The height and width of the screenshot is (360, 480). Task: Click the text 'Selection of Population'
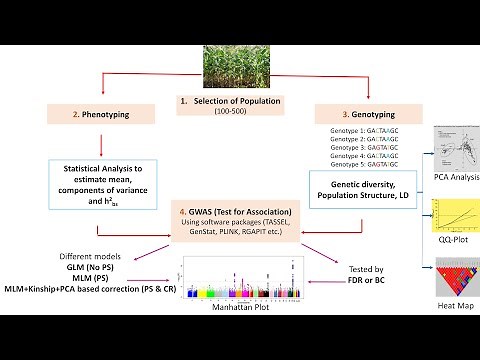pyautogui.click(x=233, y=103)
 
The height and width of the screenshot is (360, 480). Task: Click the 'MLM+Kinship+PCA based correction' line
pyautogui.click(x=80, y=290)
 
